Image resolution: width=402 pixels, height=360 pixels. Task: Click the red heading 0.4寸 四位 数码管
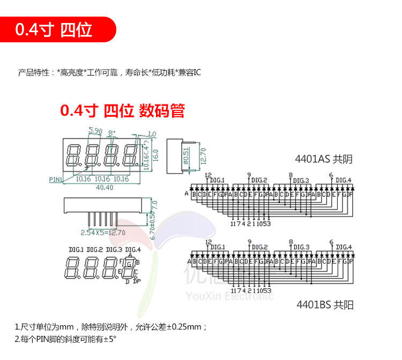click(122, 111)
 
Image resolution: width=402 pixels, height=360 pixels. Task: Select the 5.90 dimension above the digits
click(95, 131)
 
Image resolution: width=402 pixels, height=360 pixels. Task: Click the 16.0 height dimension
click(156, 154)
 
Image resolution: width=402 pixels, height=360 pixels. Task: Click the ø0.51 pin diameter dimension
click(185, 155)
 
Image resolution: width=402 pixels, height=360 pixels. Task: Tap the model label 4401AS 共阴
click(324, 159)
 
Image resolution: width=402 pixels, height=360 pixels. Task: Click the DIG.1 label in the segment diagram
click(76, 250)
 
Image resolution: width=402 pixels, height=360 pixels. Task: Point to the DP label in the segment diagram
click(137, 281)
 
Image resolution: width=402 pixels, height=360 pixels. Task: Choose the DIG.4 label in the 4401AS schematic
click(344, 181)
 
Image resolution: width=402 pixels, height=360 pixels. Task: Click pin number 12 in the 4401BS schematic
click(208, 242)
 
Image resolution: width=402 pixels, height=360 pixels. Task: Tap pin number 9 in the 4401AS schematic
click(249, 175)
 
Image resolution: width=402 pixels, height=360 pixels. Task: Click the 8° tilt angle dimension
click(111, 132)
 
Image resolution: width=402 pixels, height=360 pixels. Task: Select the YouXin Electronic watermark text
click(228, 296)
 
